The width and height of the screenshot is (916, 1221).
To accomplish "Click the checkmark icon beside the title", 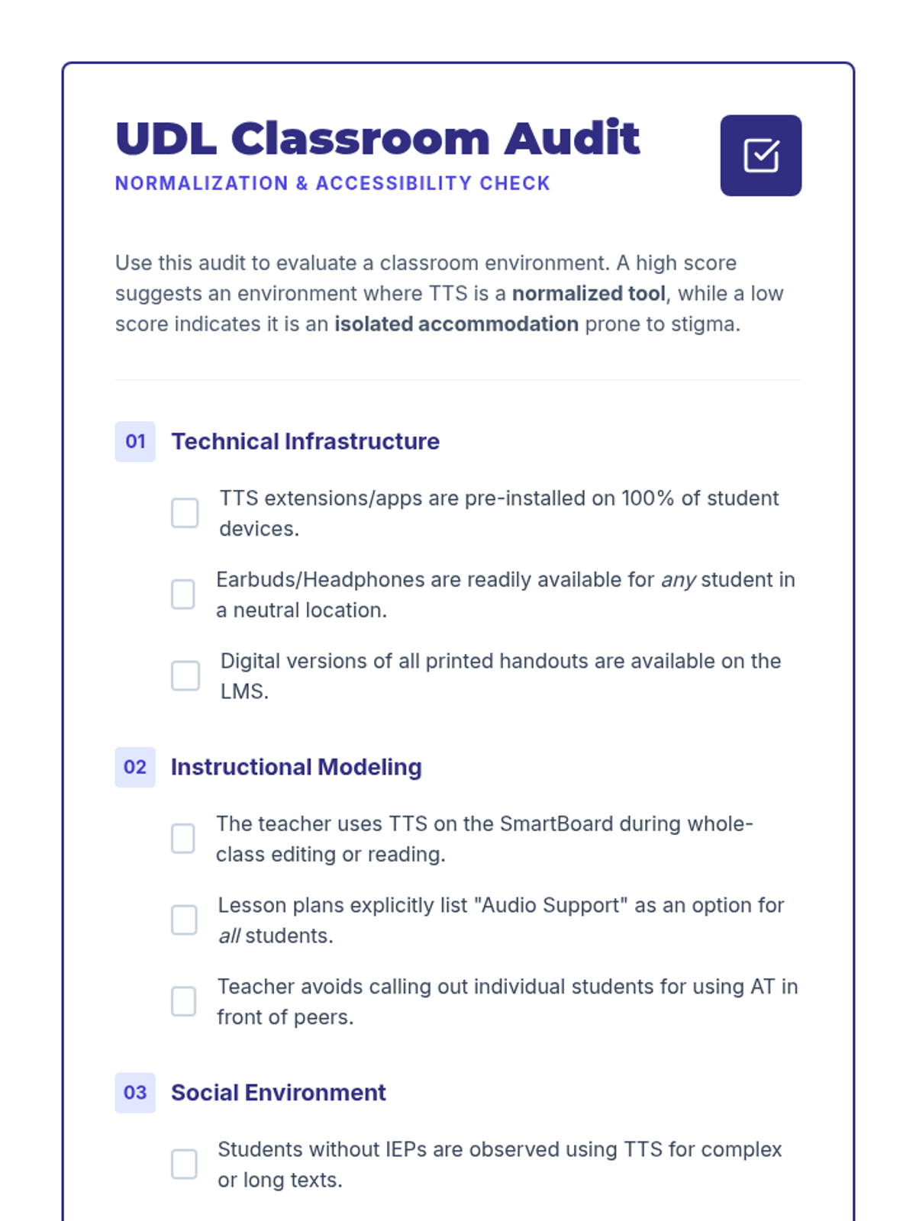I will pos(760,156).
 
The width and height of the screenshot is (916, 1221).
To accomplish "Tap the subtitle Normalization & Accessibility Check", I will pos(332,184).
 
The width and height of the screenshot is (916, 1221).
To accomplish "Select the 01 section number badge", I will pos(135,441).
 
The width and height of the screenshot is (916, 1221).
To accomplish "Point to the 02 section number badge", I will pos(135,767).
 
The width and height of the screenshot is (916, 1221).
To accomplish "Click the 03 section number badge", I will pos(135,1093).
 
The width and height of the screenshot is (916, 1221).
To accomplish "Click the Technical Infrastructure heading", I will pos(305,441).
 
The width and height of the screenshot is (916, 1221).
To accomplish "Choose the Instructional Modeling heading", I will pos(296,767).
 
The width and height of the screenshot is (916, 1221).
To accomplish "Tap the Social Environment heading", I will pos(279,1093).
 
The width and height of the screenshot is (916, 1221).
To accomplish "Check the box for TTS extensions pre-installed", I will pos(185,513).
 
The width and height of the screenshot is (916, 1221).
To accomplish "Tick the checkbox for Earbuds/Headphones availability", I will pos(183,594).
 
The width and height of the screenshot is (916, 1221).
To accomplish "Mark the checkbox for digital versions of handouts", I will pos(185,675).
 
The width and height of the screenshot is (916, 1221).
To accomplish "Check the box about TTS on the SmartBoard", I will pos(183,839).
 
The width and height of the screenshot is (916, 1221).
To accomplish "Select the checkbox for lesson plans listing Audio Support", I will pos(184,920).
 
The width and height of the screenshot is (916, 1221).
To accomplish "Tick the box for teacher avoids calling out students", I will pos(183,1001).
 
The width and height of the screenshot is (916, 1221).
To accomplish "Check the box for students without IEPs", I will pos(184,1164).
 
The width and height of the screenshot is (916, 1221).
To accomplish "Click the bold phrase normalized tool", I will pos(589,294).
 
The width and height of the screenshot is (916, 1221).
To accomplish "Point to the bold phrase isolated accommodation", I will pos(456,324).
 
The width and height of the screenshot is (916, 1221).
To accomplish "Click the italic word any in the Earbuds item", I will pos(678,580).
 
